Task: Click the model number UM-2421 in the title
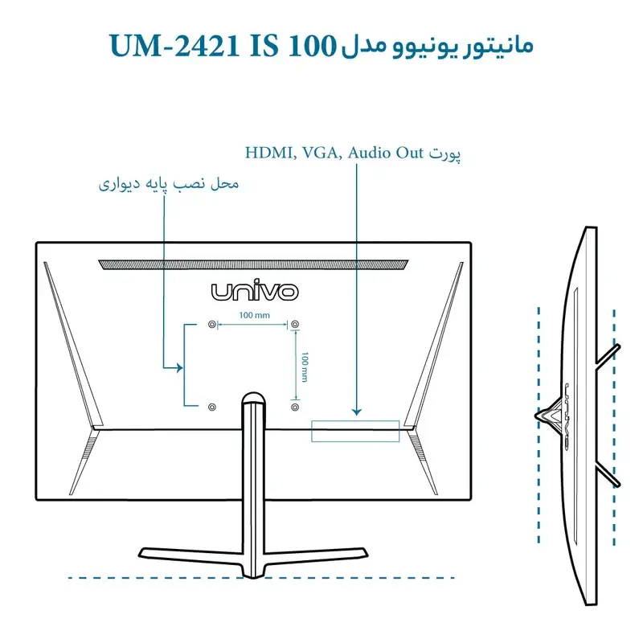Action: pos(174,46)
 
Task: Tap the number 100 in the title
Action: pos(313,46)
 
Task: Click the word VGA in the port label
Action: pos(321,153)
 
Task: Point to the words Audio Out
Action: pos(386,153)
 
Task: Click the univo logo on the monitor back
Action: pos(255,290)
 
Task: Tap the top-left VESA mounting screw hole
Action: pos(212,325)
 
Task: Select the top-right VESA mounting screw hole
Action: pos(295,325)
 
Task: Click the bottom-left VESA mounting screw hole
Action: pos(212,408)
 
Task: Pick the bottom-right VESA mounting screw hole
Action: pos(295,408)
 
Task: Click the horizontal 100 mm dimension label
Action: pos(255,315)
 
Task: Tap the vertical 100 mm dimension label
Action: pos(305,367)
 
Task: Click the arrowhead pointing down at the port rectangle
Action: pos(357,412)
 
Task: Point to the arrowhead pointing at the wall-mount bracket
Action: pos(179,368)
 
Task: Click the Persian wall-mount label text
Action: pos(169,184)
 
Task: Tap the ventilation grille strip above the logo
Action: pos(253,264)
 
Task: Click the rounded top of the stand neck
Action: pos(253,397)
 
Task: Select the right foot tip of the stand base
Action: pos(365,552)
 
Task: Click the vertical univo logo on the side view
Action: pos(567,416)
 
